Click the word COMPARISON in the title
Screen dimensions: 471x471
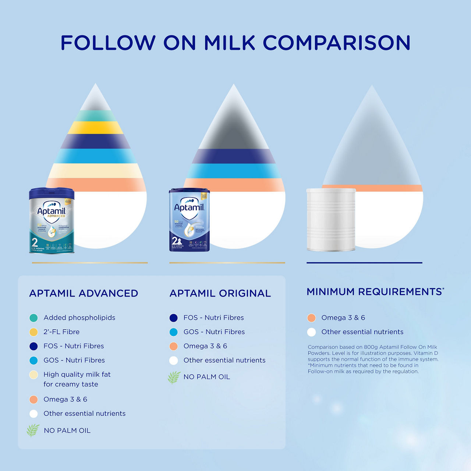pyautogui.click(x=336, y=43)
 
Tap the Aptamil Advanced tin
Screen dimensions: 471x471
pyautogui.click(x=52, y=221)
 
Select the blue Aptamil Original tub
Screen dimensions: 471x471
pyautogui.click(x=189, y=220)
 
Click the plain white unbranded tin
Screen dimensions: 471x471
pyautogui.click(x=331, y=220)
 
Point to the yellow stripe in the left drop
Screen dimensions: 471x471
pyautogui.click(x=96, y=128)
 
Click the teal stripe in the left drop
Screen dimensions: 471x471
pyautogui.click(x=96, y=116)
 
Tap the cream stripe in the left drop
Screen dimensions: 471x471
pyautogui.click(x=96, y=170)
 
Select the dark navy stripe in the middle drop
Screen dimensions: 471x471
pyautogui.click(x=234, y=156)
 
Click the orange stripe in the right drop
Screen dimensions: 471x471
pyautogui.click(x=390, y=188)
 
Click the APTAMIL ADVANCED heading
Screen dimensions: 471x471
pyautogui.click(x=84, y=293)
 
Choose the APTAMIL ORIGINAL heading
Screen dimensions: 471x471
pyautogui.click(x=220, y=293)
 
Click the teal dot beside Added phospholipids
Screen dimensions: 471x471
pyautogui.click(x=33, y=318)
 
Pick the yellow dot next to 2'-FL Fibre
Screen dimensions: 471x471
pyautogui.click(x=33, y=332)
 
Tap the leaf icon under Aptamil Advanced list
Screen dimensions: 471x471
pyautogui.click(x=33, y=430)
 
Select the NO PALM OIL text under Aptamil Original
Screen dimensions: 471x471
pyautogui.click(x=206, y=377)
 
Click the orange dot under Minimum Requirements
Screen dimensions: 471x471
pyautogui.click(x=311, y=318)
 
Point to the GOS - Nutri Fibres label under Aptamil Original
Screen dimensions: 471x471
pyautogui.click(x=214, y=332)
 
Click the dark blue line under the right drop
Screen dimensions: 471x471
pyautogui.click(x=364, y=263)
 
